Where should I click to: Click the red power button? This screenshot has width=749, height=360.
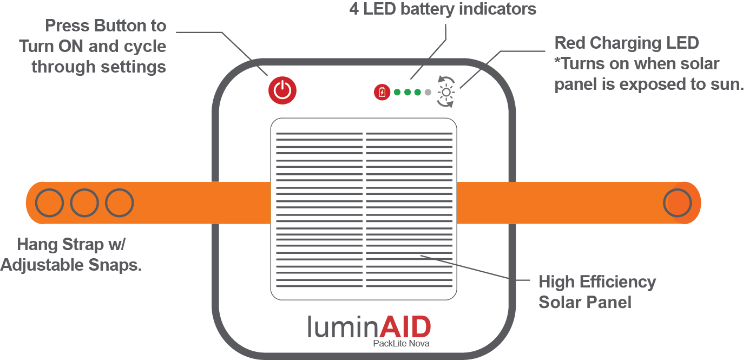[x=282, y=90]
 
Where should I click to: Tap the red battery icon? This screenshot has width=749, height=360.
[x=382, y=92]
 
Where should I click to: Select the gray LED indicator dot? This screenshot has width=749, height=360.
[x=428, y=92]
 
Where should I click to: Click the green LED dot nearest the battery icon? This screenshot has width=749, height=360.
[x=397, y=92]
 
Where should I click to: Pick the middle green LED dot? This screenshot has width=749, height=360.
[x=407, y=92]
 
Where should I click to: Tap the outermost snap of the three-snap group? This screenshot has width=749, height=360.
[x=49, y=203]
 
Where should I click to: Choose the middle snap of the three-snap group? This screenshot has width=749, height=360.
[x=84, y=203]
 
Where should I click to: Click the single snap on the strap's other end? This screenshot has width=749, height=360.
[x=678, y=203]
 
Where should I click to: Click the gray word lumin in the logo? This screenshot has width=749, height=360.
[x=343, y=327]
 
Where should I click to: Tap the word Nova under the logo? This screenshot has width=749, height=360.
[x=421, y=343]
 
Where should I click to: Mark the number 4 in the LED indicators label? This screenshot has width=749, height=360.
[x=354, y=9]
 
